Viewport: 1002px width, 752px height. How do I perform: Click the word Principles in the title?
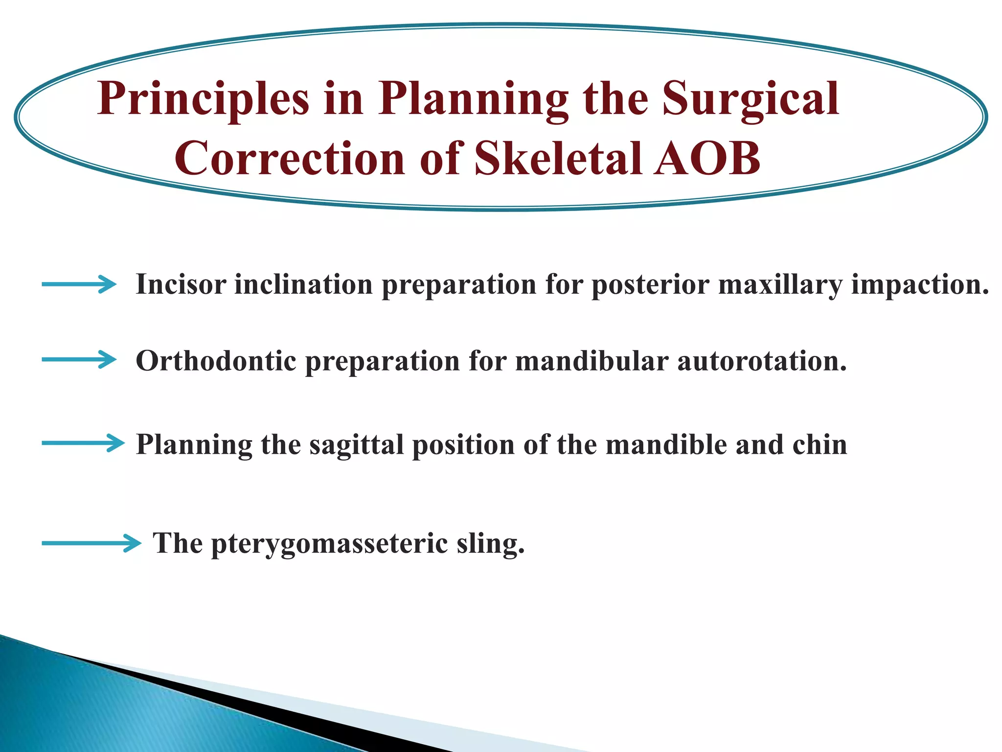click(x=203, y=99)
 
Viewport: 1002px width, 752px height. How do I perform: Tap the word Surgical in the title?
click(x=751, y=99)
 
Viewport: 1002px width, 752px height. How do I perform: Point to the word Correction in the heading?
click(x=289, y=159)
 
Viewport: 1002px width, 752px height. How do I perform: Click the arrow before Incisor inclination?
click(x=79, y=284)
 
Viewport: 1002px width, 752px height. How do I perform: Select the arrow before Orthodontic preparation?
click(x=79, y=360)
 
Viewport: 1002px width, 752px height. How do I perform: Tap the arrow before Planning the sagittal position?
click(x=83, y=443)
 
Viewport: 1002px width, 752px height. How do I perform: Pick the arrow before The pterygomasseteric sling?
click(x=91, y=543)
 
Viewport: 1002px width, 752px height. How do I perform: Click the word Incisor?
click(x=181, y=284)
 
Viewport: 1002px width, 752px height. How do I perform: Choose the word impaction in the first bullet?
click(x=920, y=284)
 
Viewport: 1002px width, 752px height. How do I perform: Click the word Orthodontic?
click(x=216, y=361)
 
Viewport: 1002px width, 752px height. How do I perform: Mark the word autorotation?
click(x=762, y=361)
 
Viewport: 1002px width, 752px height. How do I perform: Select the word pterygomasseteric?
click(x=329, y=544)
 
